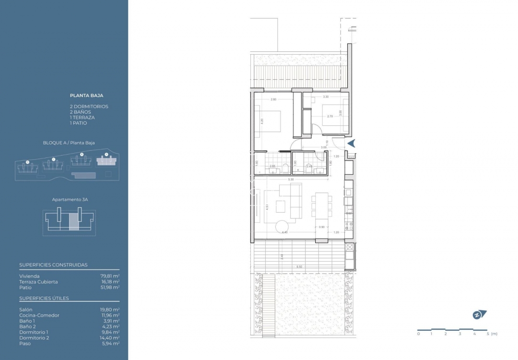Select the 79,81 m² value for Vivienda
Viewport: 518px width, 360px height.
pos(109,276)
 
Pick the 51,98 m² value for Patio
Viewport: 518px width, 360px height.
pos(109,288)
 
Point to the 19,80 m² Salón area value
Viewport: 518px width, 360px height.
pos(109,310)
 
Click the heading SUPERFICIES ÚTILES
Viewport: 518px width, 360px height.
pos(44,299)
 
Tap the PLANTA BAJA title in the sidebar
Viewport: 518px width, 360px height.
pos(86,96)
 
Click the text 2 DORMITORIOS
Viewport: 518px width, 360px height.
pos(89,107)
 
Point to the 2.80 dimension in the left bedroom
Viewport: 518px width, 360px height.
pos(273,99)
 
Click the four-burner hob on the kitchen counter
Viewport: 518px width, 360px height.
pos(349,224)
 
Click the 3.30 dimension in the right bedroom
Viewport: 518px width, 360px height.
pos(326,97)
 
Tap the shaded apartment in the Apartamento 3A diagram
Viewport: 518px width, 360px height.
pos(73,222)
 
